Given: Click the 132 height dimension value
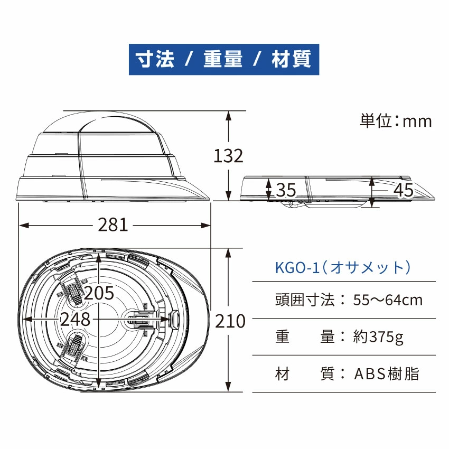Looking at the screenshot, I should [x=228, y=156].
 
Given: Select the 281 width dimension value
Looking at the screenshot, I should [x=113, y=225].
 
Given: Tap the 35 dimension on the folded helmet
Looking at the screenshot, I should [x=286, y=190].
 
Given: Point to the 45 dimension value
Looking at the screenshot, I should [x=404, y=190].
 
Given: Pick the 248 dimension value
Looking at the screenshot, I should [x=75, y=319].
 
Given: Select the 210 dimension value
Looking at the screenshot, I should [x=231, y=321].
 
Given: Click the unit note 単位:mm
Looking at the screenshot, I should [x=396, y=121].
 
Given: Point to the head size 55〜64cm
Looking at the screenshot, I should [x=388, y=300].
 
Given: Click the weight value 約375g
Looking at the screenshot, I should [x=378, y=337].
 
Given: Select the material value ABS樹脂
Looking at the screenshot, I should [x=387, y=374].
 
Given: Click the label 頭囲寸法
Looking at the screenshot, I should [x=305, y=300].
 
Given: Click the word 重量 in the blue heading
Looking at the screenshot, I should [x=223, y=59].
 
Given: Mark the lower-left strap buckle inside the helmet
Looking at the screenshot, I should [x=73, y=349].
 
